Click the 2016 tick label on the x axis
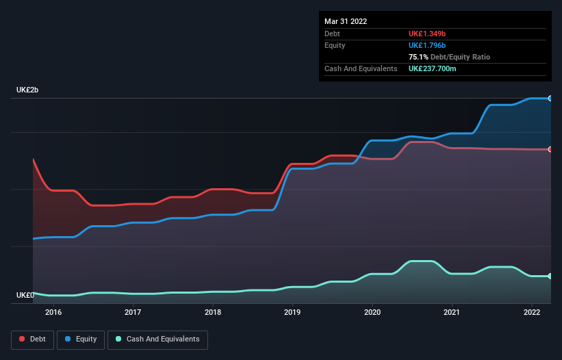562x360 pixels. click(x=53, y=312)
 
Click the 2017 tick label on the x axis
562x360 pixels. click(x=133, y=312)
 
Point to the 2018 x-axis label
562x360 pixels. click(x=213, y=312)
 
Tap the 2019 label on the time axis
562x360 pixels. click(x=292, y=312)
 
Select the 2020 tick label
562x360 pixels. click(x=372, y=312)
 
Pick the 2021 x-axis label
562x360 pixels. click(x=452, y=312)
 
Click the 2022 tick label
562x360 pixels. click(x=532, y=312)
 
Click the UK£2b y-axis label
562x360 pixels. click(x=28, y=90)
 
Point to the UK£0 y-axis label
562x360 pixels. click(x=25, y=295)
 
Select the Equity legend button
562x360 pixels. click(x=81, y=339)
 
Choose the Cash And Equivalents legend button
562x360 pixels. click(x=157, y=339)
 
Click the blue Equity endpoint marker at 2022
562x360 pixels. click(x=550, y=99)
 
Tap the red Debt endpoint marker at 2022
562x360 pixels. click(x=550, y=149)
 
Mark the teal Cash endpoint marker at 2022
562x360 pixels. click(x=550, y=276)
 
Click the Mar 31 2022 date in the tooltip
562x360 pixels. click(x=346, y=21)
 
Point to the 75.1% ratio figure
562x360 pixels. click(x=418, y=57)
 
